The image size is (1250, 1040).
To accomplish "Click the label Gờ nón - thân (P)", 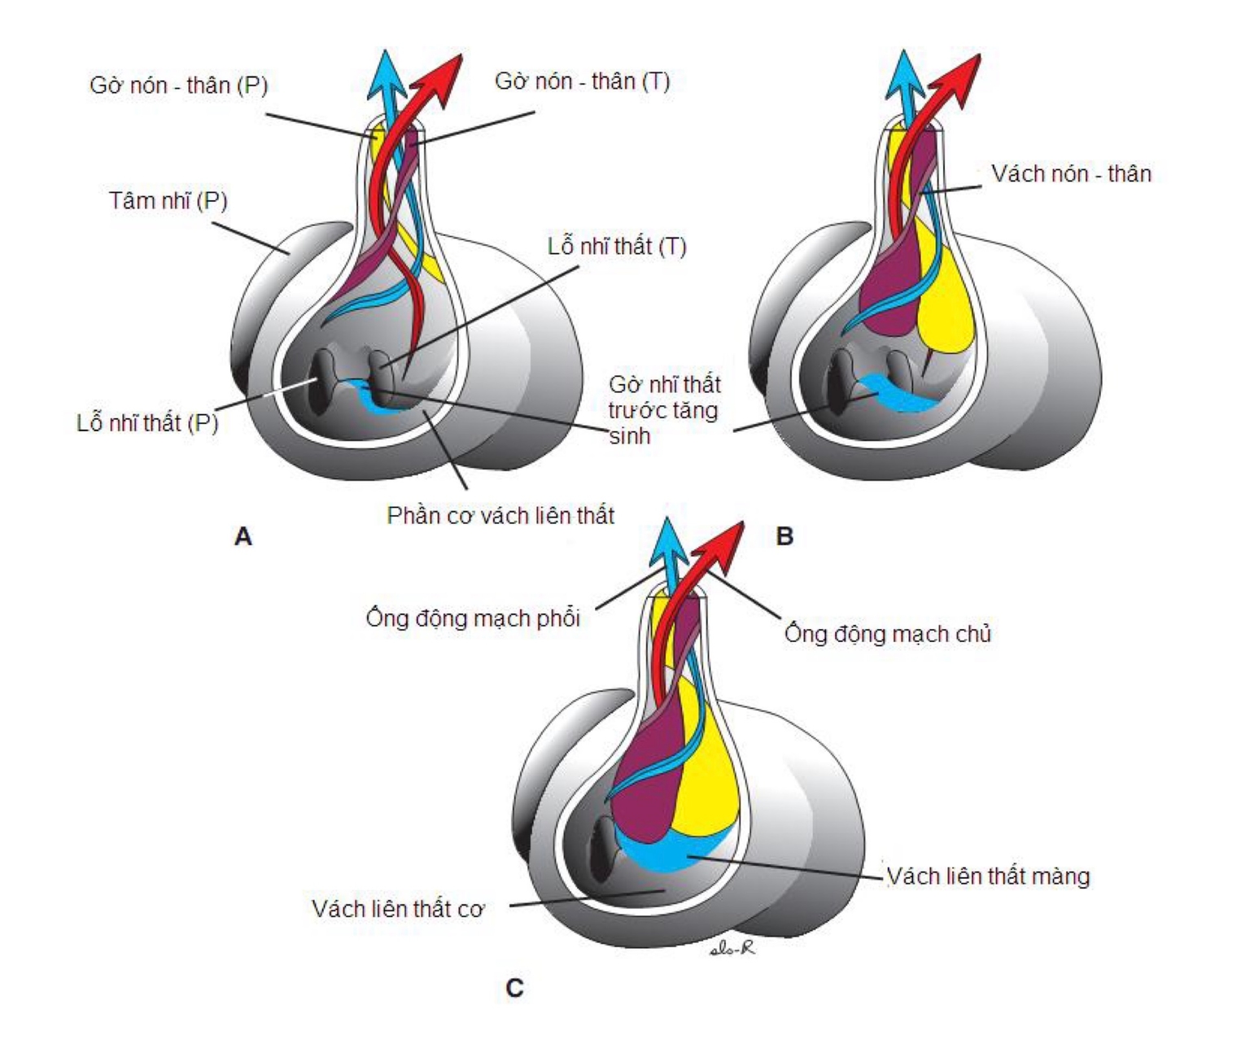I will pyautogui.click(x=178, y=85).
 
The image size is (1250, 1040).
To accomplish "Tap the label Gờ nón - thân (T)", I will pyautogui.click(x=582, y=81).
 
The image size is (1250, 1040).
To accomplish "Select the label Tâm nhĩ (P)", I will pyautogui.click(x=168, y=200).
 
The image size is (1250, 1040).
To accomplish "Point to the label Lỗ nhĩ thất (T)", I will pyautogui.click(x=616, y=246).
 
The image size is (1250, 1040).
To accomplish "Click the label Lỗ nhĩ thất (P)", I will pyautogui.click(x=147, y=422).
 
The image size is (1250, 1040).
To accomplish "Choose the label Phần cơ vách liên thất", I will pyautogui.click(x=500, y=515).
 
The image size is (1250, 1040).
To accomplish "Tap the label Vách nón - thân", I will pyautogui.click(x=1071, y=173).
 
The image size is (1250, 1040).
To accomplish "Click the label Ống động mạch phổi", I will pyautogui.click(x=473, y=618).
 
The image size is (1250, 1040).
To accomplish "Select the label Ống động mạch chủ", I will pyautogui.click(x=888, y=633).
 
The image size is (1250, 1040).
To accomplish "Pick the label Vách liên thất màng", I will pyautogui.click(x=988, y=876).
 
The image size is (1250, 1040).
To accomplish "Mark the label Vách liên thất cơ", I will pyautogui.click(x=398, y=908).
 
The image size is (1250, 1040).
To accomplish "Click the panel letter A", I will pyautogui.click(x=243, y=537).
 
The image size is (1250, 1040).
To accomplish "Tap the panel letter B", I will pyautogui.click(x=785, y=537).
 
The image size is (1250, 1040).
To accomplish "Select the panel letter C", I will pyautogui.click(x=514, y=988).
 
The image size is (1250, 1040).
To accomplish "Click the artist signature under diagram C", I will pyautogui.click(x=731, y=947).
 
